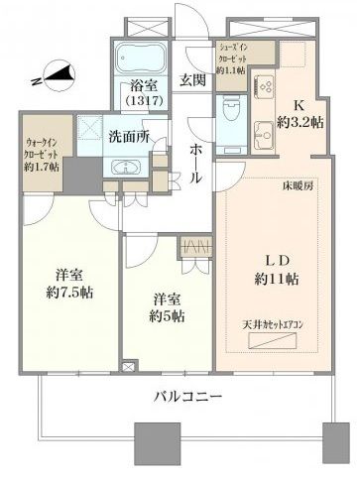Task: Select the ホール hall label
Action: coord(194,158)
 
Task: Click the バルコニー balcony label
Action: coord(186,397)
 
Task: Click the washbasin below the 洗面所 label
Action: coord(129,167)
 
